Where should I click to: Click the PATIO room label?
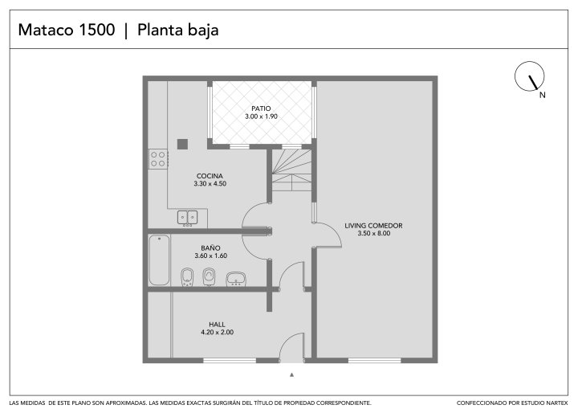coord(261,108)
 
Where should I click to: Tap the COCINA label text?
coord(210,176)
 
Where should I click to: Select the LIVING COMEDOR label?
coord(373,226)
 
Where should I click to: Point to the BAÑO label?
coord(210,247)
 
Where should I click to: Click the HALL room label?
coord(217,325)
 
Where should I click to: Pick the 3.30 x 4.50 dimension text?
coord(210,184)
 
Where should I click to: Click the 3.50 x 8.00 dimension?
coord(374,233)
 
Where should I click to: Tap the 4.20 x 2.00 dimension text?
coord(217,332)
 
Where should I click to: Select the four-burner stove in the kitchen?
coord(158,159)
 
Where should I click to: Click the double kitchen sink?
coord(187,218)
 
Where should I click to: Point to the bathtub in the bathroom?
coord(159,260)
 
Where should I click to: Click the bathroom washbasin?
coord(236,279)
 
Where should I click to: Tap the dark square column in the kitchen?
coord(182,144)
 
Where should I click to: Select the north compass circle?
coord(529,76)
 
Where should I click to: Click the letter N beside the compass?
coord(542,95)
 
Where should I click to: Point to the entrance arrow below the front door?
coord(292,375)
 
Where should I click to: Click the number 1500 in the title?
coord(97,30)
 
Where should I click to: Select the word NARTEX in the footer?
coord(557,403)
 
